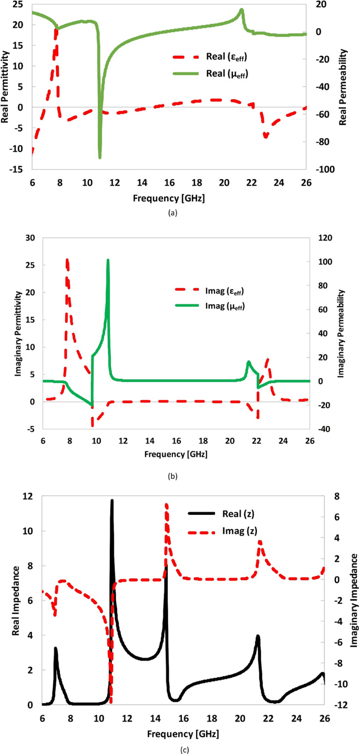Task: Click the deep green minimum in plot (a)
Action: click(x=100, y=157)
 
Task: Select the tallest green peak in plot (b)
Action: click(x=108, y=260)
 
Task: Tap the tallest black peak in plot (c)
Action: click(x=111, y=501)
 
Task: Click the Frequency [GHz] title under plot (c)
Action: click(x=183, y=732)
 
